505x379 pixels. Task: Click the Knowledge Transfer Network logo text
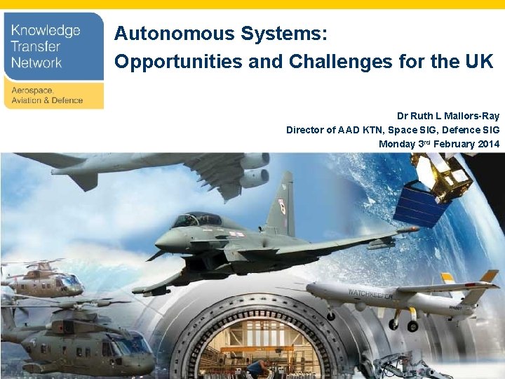[46, 46]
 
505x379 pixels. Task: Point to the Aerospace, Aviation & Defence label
[46, 95]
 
